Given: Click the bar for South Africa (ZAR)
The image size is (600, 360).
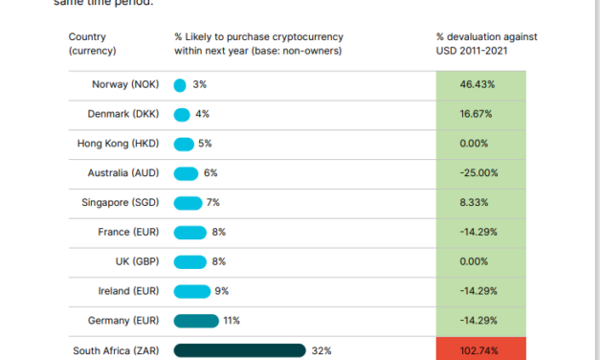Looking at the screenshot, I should [x=239, y=350].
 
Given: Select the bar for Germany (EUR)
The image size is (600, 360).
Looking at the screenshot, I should [x=196, y=321].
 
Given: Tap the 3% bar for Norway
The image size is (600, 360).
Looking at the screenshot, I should [x=180, y=84].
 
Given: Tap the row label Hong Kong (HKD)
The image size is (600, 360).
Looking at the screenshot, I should [x=120, y=144].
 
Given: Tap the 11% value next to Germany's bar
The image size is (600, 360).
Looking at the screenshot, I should [x=231, y=321].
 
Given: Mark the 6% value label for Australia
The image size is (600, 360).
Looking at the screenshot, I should [x=211, y=173].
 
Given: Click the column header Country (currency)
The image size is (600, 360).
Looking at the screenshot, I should [x=93, y=44].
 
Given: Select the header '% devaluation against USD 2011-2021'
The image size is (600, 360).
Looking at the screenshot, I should [x=486, y=44].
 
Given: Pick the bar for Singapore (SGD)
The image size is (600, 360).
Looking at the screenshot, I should [x=188, y=203].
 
